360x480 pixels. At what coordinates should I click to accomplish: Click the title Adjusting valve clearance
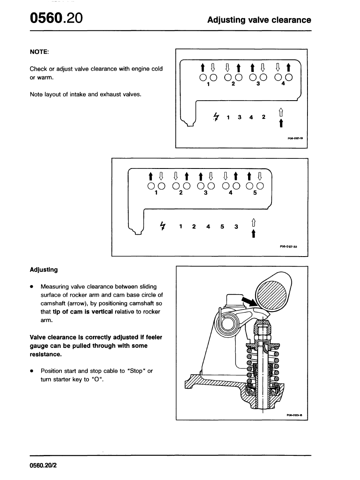(x=259, y=20)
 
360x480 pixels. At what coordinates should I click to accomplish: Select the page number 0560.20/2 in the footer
(x=44, y=465)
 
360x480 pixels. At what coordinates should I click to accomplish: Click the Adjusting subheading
(x=44, y=269)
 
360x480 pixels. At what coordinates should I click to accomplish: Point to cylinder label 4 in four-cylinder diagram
(x=283, y=84)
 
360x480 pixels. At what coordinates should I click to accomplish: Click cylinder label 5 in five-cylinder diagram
(x=255, y=193)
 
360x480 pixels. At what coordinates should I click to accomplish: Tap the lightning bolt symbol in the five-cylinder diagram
(x=163, y=225)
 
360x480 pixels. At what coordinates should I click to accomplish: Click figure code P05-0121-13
(x=295, y=138)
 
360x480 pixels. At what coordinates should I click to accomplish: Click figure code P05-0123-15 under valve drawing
(x=295, y=415)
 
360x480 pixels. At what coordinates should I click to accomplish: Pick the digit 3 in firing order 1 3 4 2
(x=240, y=118)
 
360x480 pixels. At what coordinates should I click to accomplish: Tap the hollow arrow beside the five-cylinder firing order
(x=253, y=222)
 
